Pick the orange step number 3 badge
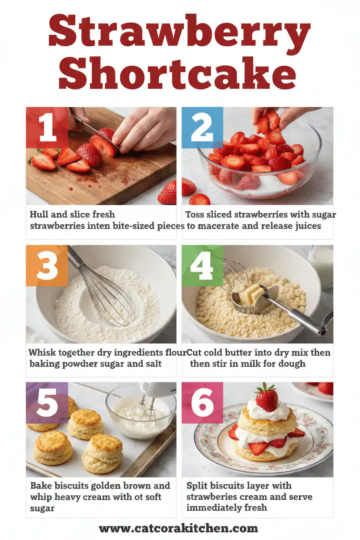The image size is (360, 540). (47, 265)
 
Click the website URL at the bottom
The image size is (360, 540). (178, 528)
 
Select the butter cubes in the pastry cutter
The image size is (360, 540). (251, 295)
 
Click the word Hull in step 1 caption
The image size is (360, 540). (39, 214)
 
